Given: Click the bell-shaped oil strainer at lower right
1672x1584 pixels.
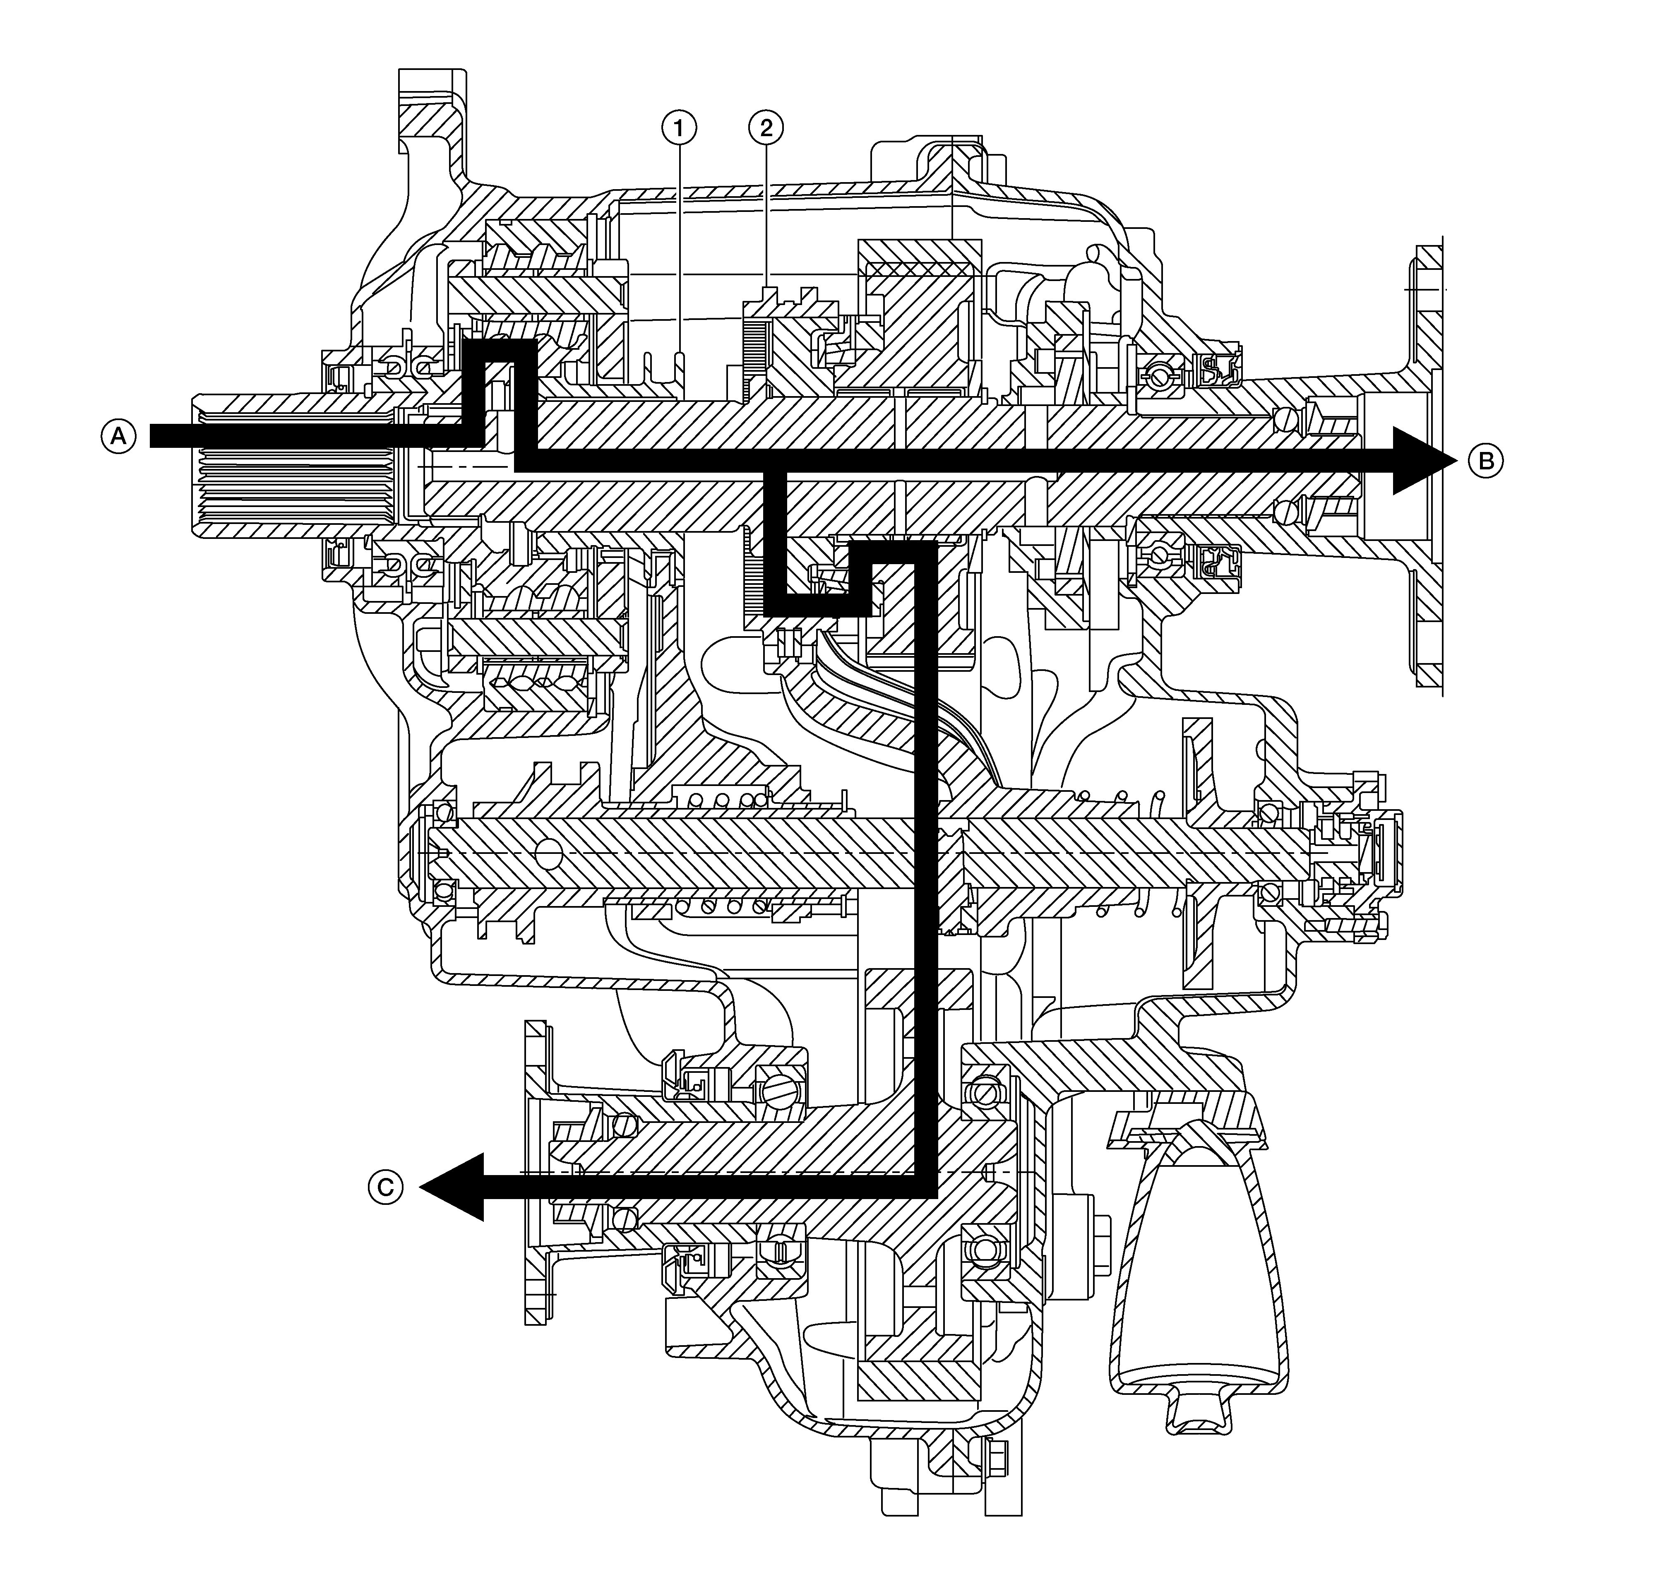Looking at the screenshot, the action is pyautogui.click(x=1199, y=1267).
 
